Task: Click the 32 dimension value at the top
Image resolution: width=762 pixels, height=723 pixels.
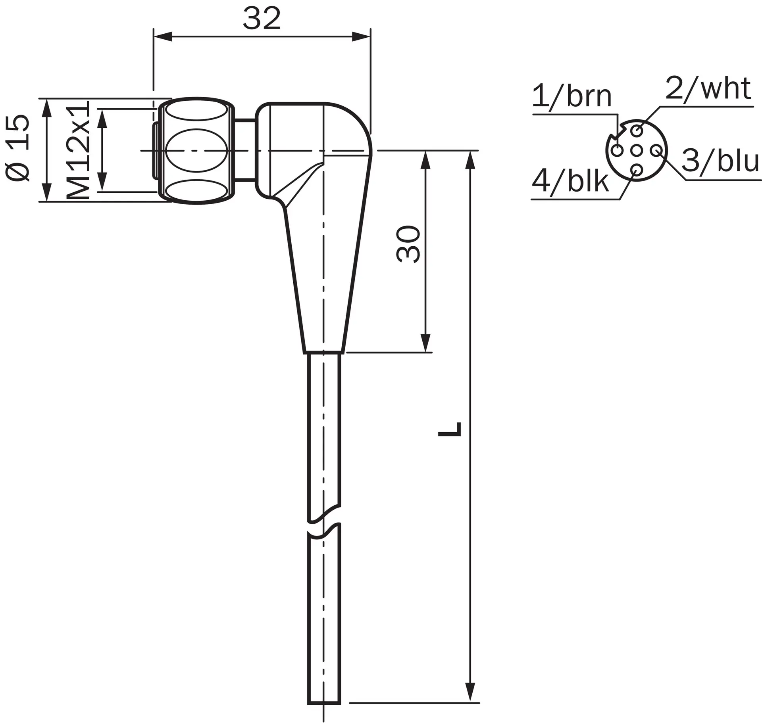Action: pyautogui.click(x=262, y=19)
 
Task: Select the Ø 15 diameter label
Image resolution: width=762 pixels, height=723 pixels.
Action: pyautogui.click(x=17, y=148)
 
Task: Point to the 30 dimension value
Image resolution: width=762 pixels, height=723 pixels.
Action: pyautogui.click(x=408, y=244)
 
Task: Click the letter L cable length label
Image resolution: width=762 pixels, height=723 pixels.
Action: pyautogui.click(x=450, y=429)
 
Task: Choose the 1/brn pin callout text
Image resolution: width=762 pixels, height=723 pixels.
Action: pyautogui.click(x=572, y=96)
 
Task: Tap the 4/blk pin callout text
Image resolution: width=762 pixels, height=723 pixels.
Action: pyautogui.click(x=570, y=181)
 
